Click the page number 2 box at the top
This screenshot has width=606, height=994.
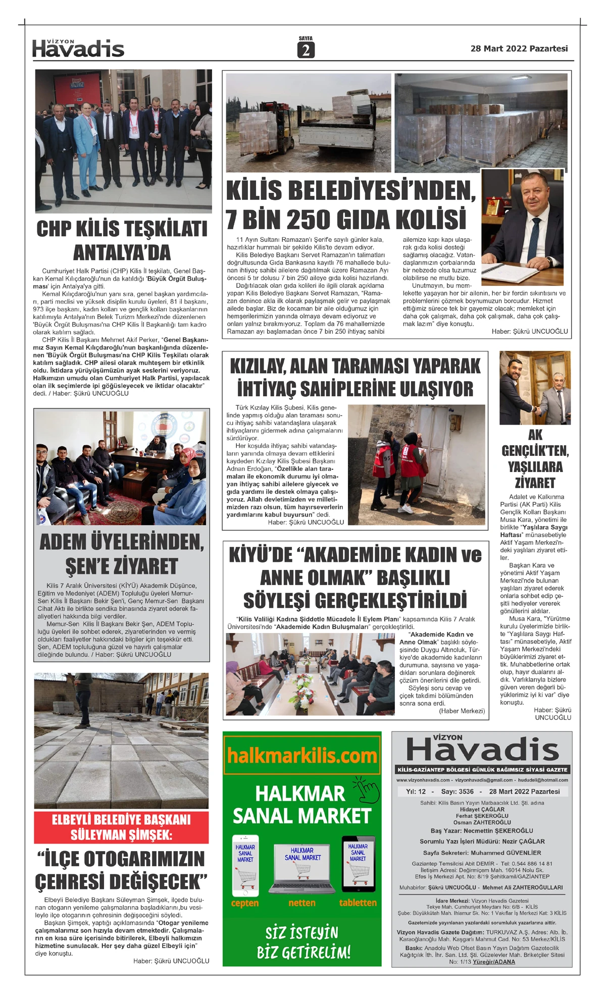[306, 50]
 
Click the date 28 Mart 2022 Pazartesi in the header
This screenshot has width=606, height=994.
[519, 49]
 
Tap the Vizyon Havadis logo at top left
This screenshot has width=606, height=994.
[78, 48]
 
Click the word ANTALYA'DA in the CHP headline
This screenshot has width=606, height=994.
[122, 252]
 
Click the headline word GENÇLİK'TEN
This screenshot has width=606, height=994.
[535, 450]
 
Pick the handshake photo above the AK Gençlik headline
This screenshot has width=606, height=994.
[535, 388]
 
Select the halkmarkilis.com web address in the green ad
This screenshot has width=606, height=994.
[302, 756]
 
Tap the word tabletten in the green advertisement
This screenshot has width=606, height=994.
[358, 902]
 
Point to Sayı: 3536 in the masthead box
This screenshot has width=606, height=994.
[457, 792]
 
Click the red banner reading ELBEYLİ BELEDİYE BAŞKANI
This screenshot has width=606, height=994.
[121, 827]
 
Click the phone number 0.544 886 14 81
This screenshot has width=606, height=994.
[527, 864]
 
